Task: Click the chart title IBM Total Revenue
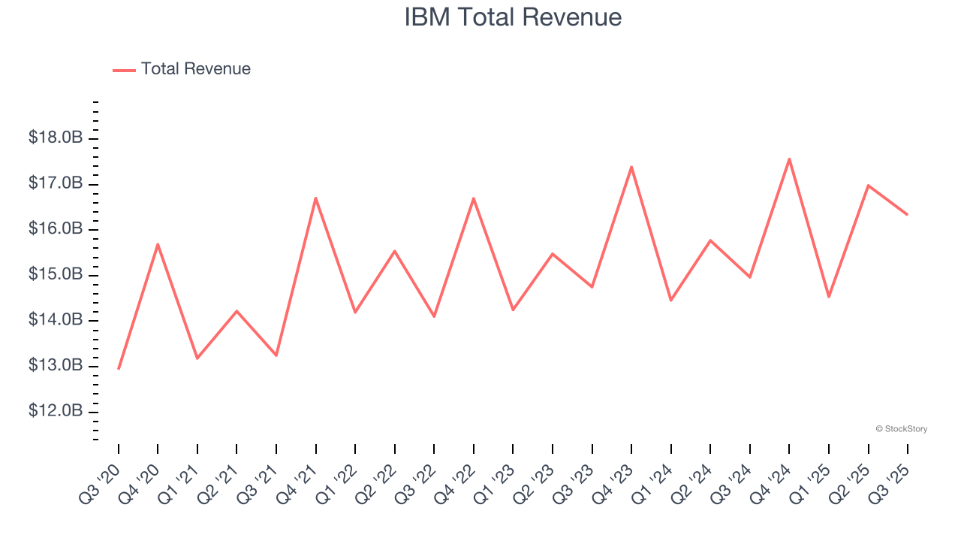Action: pyautogui.click(x=513, y=17)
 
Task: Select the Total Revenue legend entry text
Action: pyautogui.click(x=195, y=69)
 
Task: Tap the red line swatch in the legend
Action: pyautogui.click(x=124, y=70)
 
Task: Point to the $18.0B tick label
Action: pyautogui.click(x=56, y=138)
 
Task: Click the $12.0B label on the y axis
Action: pyautogui.click(x=56, y=412)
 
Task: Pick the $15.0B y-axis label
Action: pyautogui.click(x=56, y=274)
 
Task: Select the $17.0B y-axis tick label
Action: pyautogui.click(x=56, y=183)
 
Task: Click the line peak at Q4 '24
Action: pyautogui.click(x=789, y=159)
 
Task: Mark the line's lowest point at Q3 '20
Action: pyautogui.click(x=119, y=368)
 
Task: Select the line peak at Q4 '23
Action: pyautogui.click(x=631, y=167)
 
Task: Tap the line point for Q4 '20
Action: pyautogui.click(x=158, y=244)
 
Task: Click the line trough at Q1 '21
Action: pyautogui.click(x=197, y=358)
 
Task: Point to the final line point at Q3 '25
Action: pyautogui.click(x=907, y=214)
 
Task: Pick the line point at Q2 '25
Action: pyautogui.click(x=868, y=185)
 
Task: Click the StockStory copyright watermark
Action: pyautogui.click(x=901, y=429)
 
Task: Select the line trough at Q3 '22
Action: pyautogui.click(x=434, y=316)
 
